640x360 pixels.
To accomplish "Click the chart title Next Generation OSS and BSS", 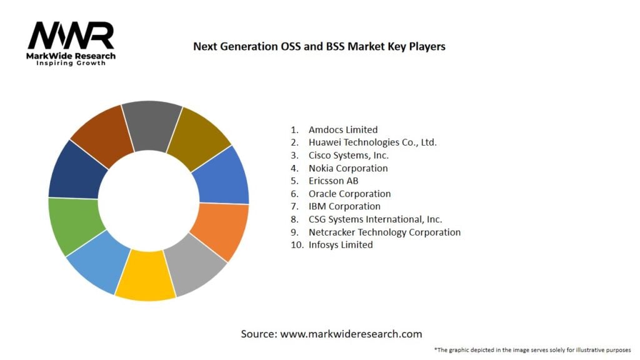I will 319,46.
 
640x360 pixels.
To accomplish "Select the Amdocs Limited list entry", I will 342,130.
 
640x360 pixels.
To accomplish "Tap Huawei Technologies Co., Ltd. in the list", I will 372,142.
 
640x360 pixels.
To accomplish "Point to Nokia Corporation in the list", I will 347,168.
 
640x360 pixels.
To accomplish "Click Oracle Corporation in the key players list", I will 349,194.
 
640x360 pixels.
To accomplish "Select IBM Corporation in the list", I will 344,206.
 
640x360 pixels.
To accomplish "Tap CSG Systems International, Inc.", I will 375,219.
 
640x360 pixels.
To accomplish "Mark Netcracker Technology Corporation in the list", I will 384,232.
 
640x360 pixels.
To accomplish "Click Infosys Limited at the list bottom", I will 340,245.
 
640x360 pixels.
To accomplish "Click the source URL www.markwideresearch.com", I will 351,334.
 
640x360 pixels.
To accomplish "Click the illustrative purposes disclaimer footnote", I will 532,349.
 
